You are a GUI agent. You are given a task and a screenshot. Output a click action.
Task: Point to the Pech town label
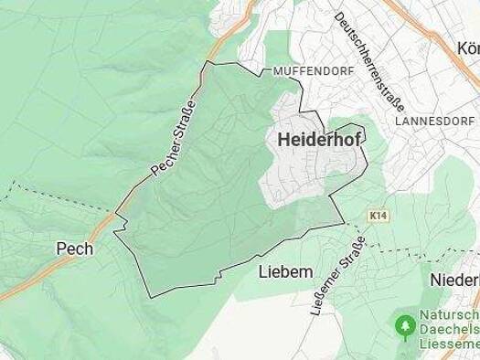pos(74,249)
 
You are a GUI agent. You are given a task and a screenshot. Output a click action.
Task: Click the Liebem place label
pos(285,271)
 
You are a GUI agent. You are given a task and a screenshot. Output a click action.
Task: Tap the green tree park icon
pos(403,324)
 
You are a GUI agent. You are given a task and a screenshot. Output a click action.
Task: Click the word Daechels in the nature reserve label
pos(449,331)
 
